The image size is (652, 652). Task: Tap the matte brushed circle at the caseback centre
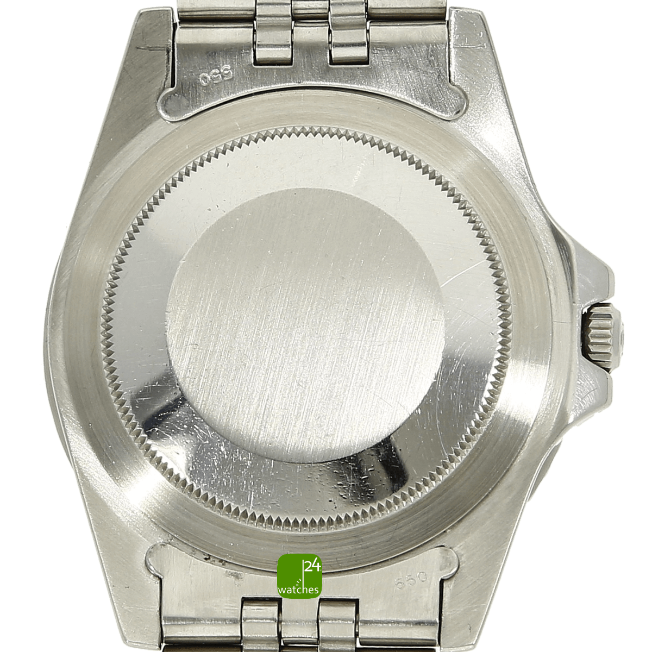[305, 325]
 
